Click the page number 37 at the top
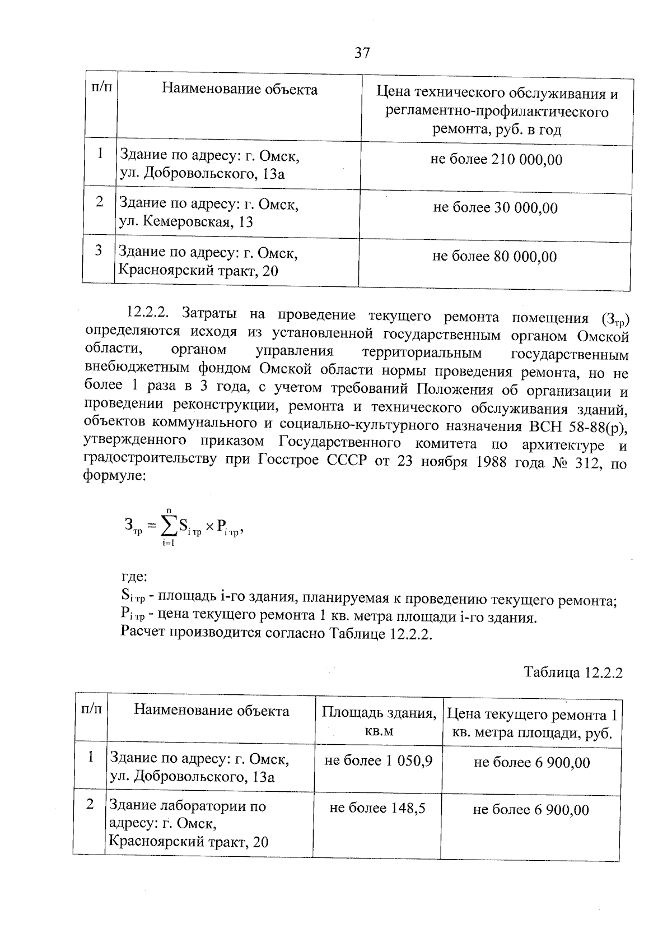(x=362, y=53)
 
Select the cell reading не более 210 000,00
(x=496, y=160)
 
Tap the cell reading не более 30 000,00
(x=496, y=208)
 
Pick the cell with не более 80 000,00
(x=494, y=257)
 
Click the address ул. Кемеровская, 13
(x=186, y=222)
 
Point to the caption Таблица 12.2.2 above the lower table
(x=573, y=672)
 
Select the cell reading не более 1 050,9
(x=378, y=760)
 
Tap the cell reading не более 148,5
(x=377, y=808)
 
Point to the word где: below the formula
(x=134, y=577)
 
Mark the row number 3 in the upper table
(x=99, y=250)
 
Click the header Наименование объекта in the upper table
(x=240, y=89)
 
